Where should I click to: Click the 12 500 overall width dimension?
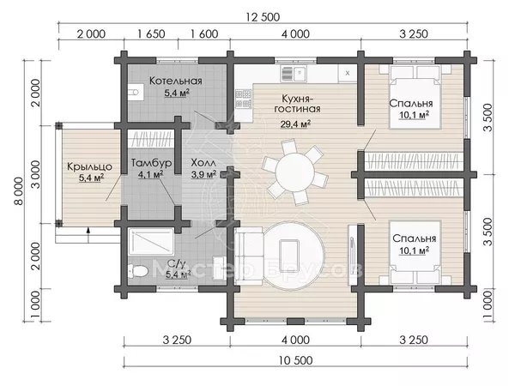coord(263,17)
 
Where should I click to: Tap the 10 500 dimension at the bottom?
coord(295,360)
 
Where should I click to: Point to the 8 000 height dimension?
coord(20,191)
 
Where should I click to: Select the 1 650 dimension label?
coord(151,33)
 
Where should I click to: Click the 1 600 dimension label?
coord(204,33)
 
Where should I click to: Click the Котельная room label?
coord(176,81)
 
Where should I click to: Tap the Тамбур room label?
coord(151,163)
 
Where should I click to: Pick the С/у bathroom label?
coord(178,264)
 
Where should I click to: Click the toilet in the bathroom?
coord(137,271)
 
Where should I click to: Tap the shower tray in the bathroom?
coord(151,242)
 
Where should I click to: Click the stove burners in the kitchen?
coord(244,99)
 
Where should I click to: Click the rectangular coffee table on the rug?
coord(288,251)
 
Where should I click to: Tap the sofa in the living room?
coord(249,256)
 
